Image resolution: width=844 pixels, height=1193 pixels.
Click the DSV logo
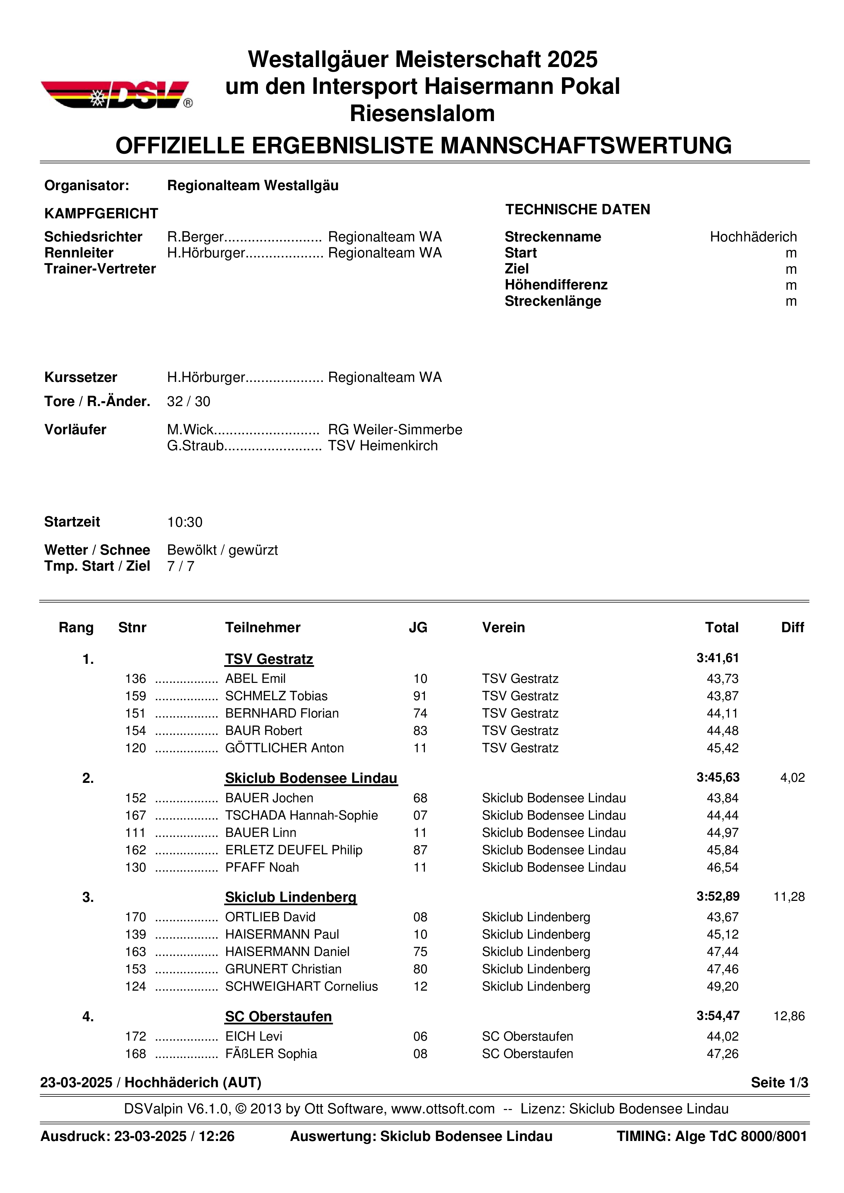[116, 95]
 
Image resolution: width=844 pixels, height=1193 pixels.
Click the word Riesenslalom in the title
[422, 113]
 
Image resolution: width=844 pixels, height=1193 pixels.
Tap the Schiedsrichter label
[93, 237]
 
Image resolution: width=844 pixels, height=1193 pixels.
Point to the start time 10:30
[184, 522]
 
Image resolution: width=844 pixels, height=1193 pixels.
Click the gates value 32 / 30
[188, 401]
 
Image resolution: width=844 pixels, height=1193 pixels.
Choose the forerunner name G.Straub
[195, 446]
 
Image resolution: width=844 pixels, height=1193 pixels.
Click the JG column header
[418, 628]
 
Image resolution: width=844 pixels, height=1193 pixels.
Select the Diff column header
[792, 628]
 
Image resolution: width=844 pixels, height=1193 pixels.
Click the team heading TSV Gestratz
[269, 659]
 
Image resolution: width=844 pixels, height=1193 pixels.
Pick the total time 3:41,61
[717, 658]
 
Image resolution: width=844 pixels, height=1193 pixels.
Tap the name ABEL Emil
[255, 678]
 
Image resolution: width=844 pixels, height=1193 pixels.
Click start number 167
[136, 815]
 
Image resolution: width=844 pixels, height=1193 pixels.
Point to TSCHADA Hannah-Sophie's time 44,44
[723, 815]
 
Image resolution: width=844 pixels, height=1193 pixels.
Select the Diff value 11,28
[789, 897]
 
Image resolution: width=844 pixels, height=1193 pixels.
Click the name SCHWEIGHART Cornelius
[301, 986]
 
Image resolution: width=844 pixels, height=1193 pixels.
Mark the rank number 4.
[88, 1017]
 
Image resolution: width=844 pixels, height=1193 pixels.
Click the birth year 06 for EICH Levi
[420, 1037]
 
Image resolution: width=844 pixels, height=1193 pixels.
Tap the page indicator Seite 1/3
[779, 1083]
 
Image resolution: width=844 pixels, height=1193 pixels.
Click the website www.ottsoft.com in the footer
[443, 1109]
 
